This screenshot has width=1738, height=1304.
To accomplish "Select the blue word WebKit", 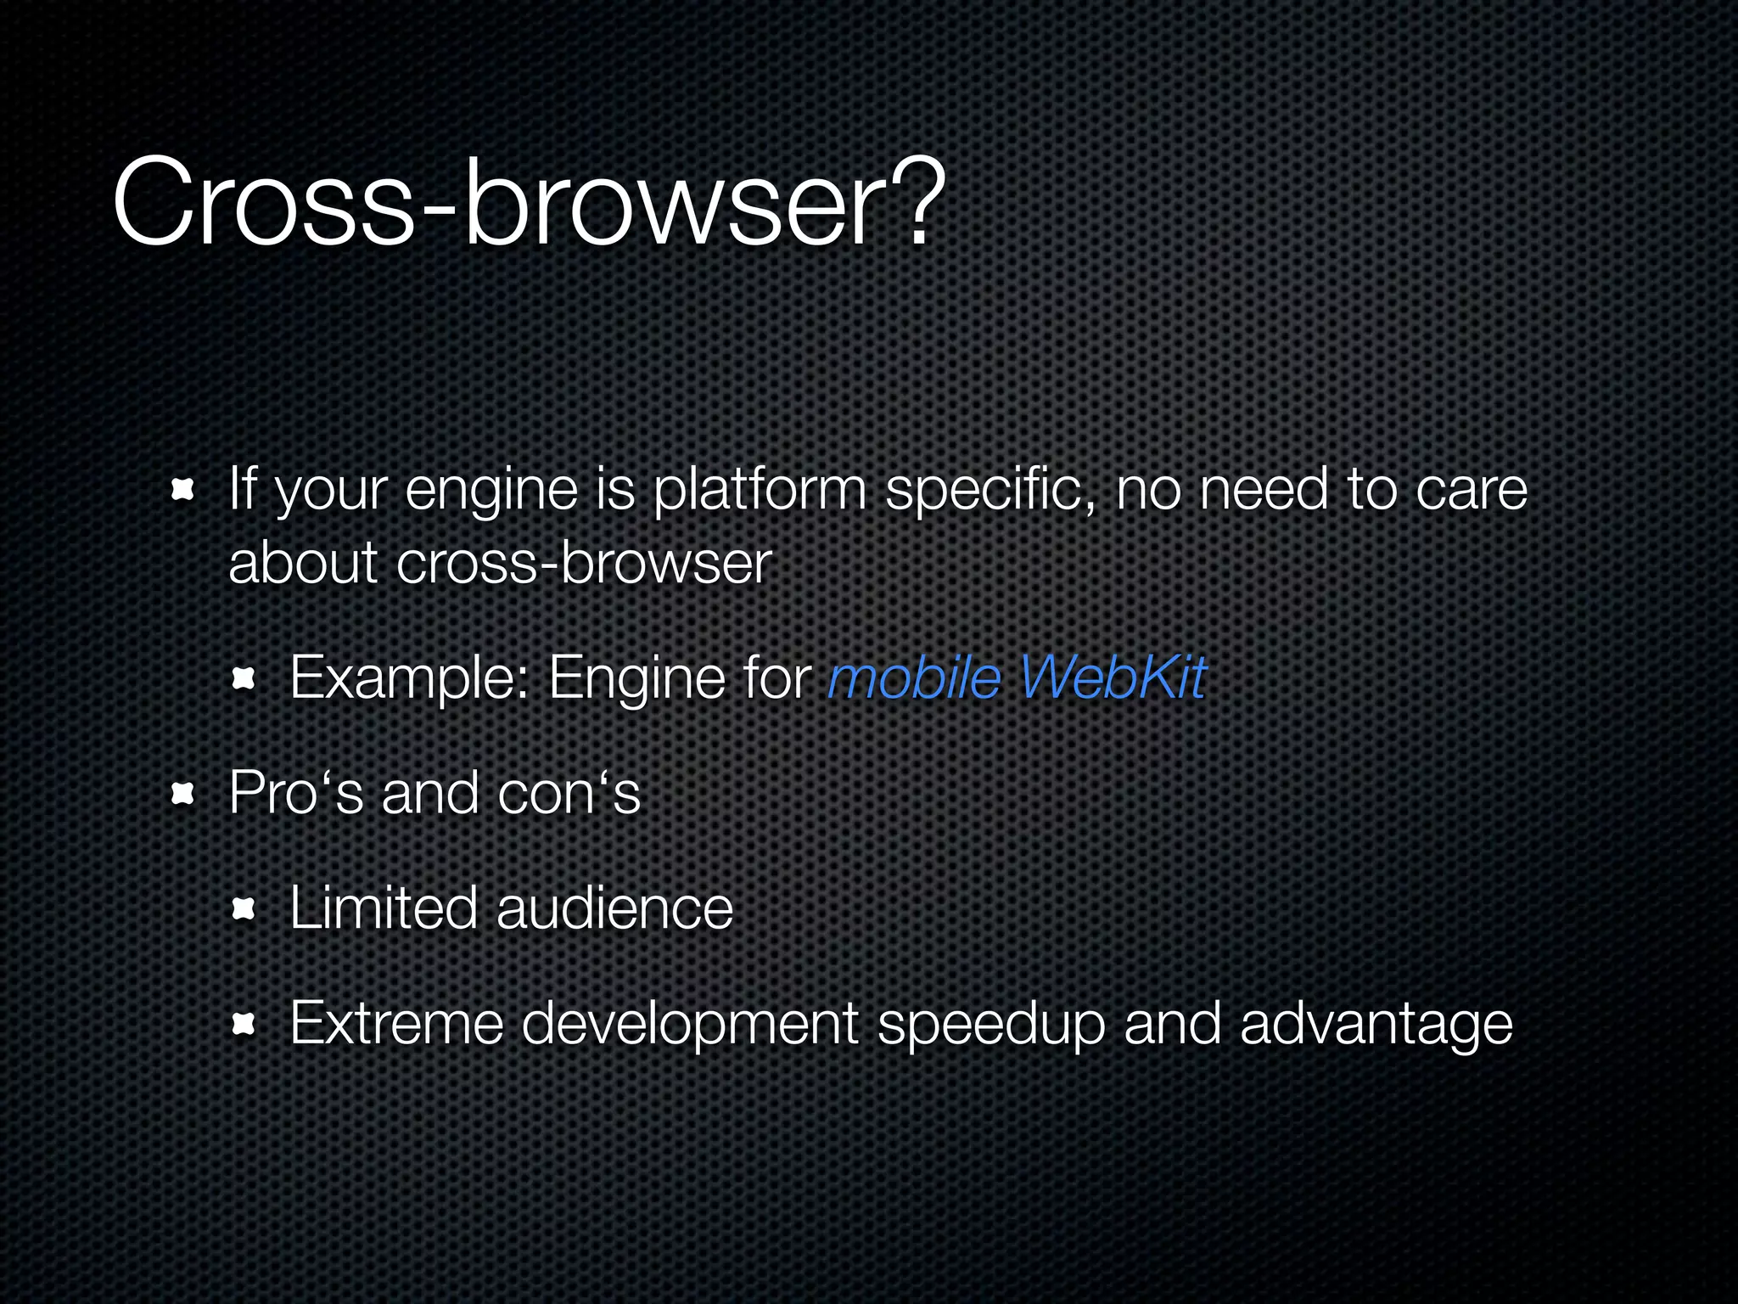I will pos(1112,678).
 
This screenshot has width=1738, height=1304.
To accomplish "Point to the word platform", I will pos(760,492).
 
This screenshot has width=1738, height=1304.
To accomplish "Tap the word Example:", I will pos(410,678).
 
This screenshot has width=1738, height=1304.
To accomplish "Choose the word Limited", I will pos(384,908).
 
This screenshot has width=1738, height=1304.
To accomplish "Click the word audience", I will pos(614,908).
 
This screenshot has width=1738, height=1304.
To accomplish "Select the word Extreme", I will pos(396,1023).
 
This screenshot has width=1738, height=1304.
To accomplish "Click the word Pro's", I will pos(296,793).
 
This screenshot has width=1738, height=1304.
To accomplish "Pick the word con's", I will pos(569,793).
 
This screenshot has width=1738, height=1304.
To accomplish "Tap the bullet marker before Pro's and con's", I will pos(182,795).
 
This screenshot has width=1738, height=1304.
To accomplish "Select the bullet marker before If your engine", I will pos(182,491).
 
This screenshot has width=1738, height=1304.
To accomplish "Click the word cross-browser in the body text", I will pos(584,564).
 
